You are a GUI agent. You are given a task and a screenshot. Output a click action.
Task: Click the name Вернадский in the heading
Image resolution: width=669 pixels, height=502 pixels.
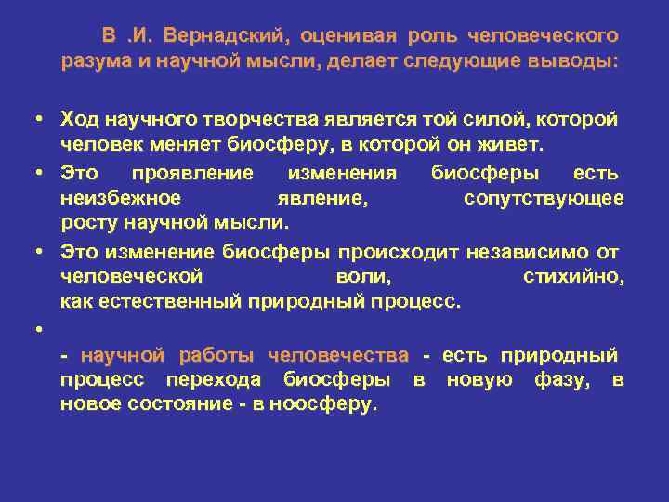point(227,36)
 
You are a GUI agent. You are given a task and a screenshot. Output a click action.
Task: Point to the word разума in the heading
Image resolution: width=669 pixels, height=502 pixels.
point(90,62)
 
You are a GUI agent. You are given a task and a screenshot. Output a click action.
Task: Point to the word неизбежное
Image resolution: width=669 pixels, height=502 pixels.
point(120,198)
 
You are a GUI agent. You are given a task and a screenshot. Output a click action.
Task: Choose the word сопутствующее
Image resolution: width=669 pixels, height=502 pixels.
point(544,198)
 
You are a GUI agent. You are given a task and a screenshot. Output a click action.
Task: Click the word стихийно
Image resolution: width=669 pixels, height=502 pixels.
point(573,276)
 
